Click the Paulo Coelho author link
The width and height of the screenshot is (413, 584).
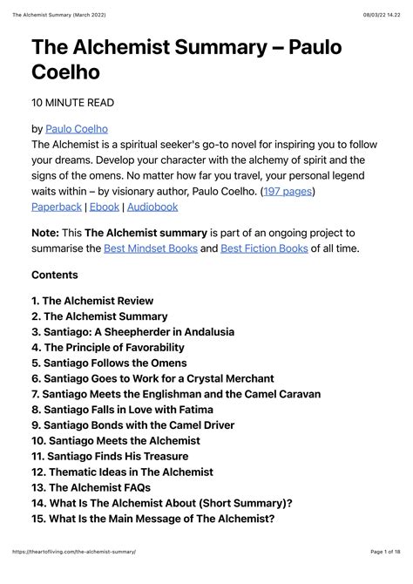(x=76, y=129)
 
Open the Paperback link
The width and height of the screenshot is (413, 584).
(x=57, y=207)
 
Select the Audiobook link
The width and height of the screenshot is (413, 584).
(x=155, y=207)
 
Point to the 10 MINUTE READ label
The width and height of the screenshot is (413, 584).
(x=72, y=103)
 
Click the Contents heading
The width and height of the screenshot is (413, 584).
(x=55, y=275)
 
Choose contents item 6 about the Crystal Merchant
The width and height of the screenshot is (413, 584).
(x=152, y=378)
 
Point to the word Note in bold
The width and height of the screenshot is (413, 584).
(x=46, y=233)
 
